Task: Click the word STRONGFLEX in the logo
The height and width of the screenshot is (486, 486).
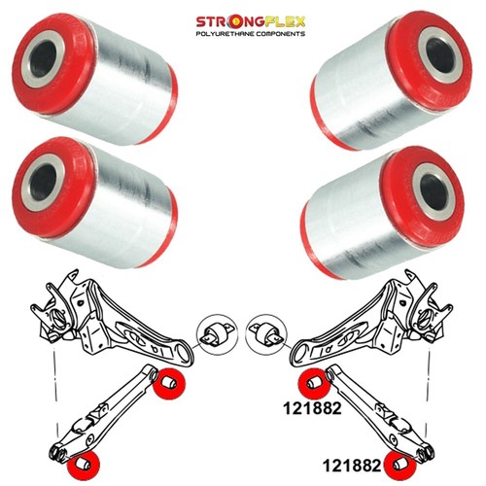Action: point(251,22)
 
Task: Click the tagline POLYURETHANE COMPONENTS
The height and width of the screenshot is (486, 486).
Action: point(251,34)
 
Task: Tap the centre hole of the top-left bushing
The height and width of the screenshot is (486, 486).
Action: point(43,58)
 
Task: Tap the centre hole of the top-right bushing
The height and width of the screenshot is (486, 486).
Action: point(441,54)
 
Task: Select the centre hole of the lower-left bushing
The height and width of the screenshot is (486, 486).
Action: point(43,182)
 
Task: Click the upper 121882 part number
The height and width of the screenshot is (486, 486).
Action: point(312,408)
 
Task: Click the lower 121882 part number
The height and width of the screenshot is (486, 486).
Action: point(352,466)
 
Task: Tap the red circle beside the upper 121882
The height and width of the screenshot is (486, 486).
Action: point(314,384)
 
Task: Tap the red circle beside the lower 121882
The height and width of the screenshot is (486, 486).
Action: point(399,466)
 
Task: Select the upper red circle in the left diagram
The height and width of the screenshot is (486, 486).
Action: point(169,383)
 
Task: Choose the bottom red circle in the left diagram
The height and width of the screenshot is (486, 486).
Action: point(84,466)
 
